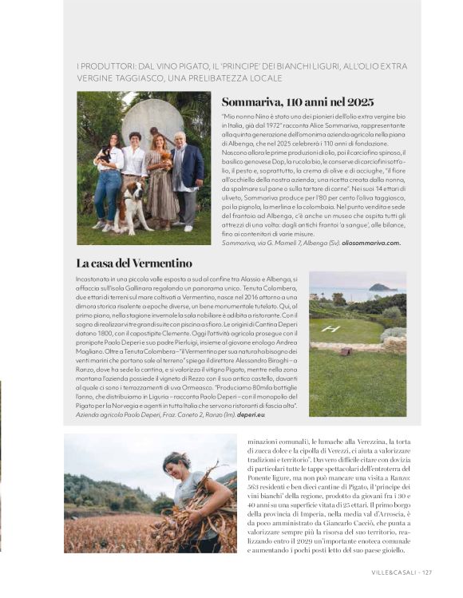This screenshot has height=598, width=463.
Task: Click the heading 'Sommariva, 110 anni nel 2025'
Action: coord(297,102)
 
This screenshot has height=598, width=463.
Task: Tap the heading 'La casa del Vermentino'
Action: coord(134,263)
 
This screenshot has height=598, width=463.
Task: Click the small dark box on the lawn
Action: coord(346,350)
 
